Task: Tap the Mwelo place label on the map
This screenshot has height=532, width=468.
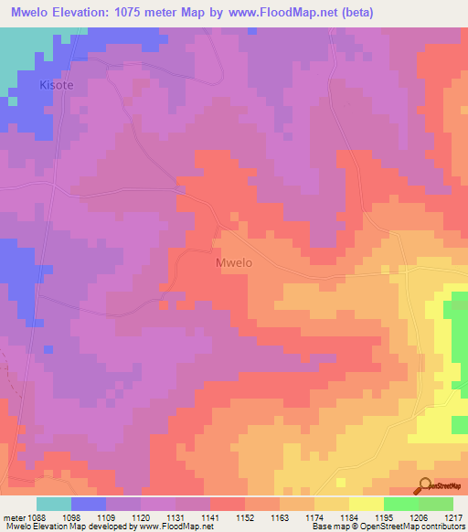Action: (233, 262)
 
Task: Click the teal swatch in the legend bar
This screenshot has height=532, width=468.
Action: (54, 504)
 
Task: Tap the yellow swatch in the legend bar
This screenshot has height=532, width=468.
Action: (367, 504)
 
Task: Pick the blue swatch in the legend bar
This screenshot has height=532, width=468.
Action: (89, 504)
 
